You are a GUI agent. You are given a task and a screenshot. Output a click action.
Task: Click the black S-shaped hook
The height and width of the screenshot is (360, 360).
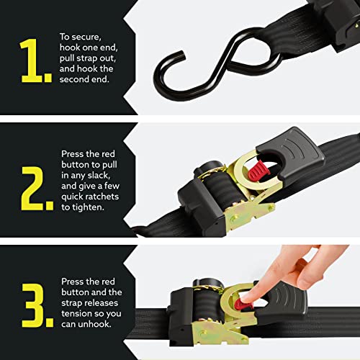(209, 61)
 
